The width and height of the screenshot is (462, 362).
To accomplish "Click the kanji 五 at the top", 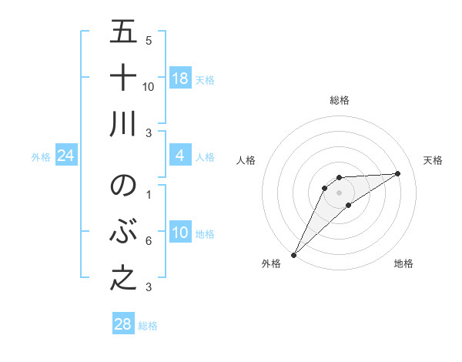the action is pyautogui.click(x=123, y=32).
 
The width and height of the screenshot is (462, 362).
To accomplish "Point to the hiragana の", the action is pyautogui.click(x=123, y=186).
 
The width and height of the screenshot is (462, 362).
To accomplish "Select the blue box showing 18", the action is pyautogui.click(x=179, y=79).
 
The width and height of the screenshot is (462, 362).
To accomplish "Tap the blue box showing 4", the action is pyautogui.click(x=179, y=156).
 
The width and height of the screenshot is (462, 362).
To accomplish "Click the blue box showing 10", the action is pyautogui.click(x=179, y=233).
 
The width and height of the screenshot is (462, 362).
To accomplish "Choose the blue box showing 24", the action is pyautogui.click(x=66, y=156).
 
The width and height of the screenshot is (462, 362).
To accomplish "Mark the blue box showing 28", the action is pyautogui.click(x=123, y=324).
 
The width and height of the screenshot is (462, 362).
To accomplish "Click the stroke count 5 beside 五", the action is pyautogui.click(x=149, y=40).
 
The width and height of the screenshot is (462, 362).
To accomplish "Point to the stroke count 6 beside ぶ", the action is pyautogui.click(x=149, y=241).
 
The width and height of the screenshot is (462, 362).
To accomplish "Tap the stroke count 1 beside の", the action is pyautogui.click(x=149, y=194).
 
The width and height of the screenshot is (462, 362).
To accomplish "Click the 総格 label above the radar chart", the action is pyautogui.click(x=339, y=100).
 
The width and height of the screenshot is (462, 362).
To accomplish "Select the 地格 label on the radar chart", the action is pyautogui.click(x=403, y=263).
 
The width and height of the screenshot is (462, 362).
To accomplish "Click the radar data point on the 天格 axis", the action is pyautogui.click(x=398, y=173).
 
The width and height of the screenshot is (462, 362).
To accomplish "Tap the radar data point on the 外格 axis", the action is pyautogui.click(x=293, y=255).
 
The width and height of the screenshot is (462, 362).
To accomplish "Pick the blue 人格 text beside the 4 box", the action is pyautogui.click(x=205, y=157).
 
